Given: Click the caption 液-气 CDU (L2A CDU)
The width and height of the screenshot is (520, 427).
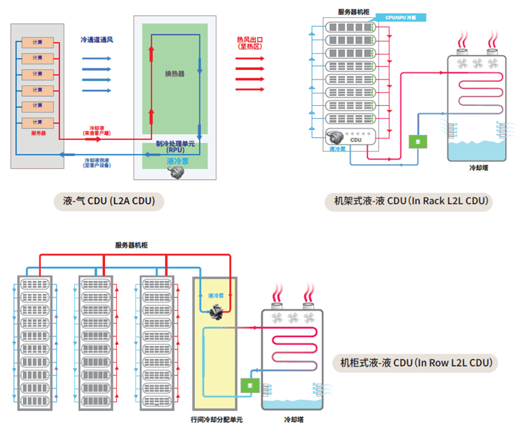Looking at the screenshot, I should click(109, 201).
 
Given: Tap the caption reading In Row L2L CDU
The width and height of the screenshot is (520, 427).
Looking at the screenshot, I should click(416, 363).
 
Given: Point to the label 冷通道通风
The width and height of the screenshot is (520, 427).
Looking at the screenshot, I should click(97, 41).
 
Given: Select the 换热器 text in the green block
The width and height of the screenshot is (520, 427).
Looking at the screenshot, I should click(174, 73).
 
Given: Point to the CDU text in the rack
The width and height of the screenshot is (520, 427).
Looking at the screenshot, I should click(356, 139).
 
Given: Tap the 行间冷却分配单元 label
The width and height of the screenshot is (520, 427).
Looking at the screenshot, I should click(216, 419).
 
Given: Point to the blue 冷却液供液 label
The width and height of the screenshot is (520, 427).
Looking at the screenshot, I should click(97, 162).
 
